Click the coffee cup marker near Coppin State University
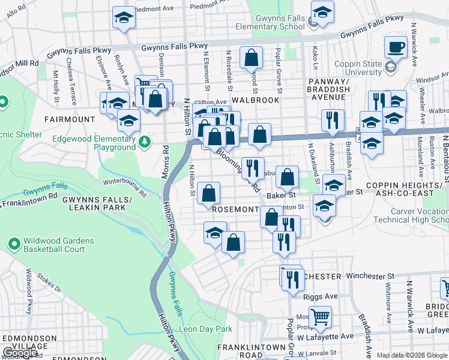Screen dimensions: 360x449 click(396, 47)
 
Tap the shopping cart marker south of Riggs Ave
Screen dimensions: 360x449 click(320, 316)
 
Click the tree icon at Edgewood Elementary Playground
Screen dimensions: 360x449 click(144, 142)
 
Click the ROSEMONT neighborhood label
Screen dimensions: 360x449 click(235, 209)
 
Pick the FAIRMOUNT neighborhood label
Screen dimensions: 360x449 click(69, 119)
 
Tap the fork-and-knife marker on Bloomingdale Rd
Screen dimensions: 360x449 click(253, 167)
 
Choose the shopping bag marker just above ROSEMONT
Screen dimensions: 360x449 click(208, 193)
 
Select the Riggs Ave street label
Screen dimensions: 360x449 click(324, 296)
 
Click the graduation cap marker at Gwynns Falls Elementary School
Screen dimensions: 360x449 click(322, 12)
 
